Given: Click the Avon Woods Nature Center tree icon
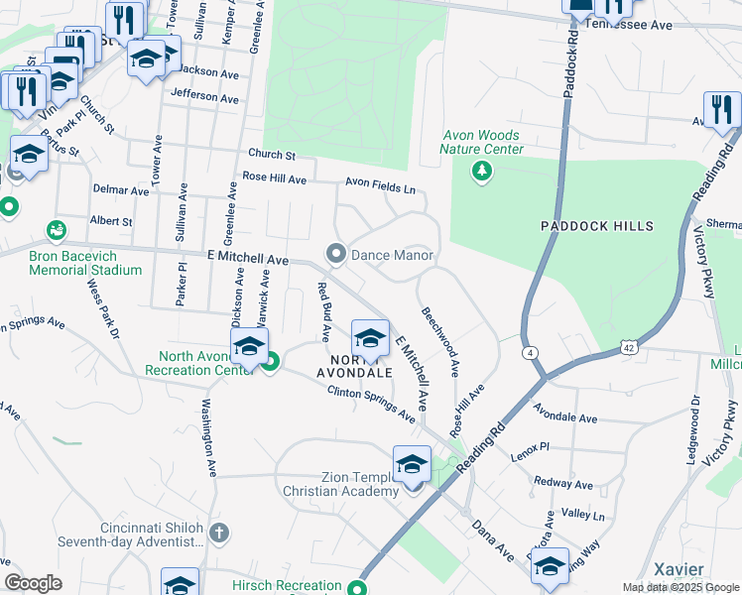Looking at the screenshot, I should click(482, 173).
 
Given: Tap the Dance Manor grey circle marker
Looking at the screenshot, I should click(336, 255).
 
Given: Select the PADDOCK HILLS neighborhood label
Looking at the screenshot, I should click(597, 226).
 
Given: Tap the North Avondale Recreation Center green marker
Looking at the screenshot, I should click(270, 362).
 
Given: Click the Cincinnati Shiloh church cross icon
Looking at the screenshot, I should click(219, 534).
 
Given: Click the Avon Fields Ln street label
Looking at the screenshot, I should click(380, 183).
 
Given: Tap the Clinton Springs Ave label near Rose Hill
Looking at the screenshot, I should click(372, 404).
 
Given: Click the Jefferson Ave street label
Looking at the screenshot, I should click(205, 98).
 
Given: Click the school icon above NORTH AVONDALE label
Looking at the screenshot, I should click(370, 337).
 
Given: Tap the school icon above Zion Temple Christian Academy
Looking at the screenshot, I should click(412, 462).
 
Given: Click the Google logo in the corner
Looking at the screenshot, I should click(34, 583).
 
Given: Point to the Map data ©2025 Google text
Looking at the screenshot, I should click(680, 587).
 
